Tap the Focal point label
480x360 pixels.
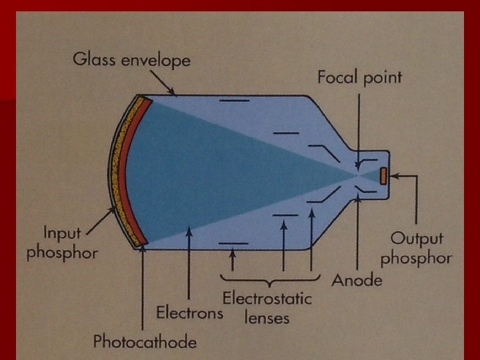click(x=359, y=77)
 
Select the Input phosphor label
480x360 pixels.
click(x=62, y=243)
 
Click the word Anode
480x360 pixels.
click(x=357, y=280)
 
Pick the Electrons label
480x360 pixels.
click(x=190, y=311)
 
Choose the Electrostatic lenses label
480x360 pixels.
click(x=267, y=298)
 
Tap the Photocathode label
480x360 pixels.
click(x=145, y=342)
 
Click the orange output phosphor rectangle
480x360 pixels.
click(x=384, y=176)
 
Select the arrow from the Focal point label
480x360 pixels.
click(x=358, y=127)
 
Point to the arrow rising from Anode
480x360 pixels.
click(x=358, y=233)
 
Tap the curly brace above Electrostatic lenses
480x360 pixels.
click(x=267, y=279)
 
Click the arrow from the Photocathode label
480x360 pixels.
click(x=143, y=287)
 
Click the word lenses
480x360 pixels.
click(x=267, y=317)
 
